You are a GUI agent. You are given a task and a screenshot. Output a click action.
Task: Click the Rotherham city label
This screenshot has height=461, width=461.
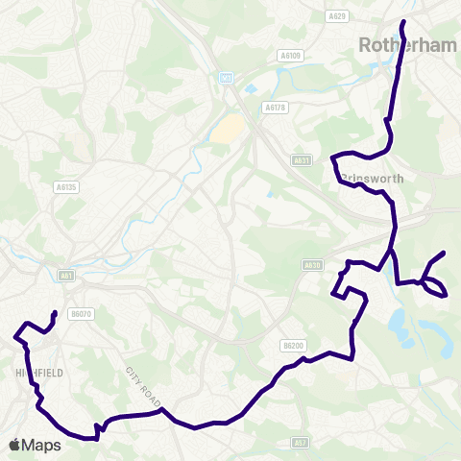pyautogui.click(x=400, y=44)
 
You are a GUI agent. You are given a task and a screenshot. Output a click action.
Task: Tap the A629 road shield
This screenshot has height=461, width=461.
pyautogui.click(x=337, y=16)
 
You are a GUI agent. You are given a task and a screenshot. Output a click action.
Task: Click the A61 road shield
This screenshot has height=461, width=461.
pyautogui.click(x=67, y=275)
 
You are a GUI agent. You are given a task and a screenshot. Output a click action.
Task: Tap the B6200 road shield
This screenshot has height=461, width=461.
pyautogui.click(x=293, y=345)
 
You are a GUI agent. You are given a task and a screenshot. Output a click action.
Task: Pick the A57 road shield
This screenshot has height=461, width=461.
pyautogui.click(x=301, y=443)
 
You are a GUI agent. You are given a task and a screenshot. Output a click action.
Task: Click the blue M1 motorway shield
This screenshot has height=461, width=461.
pyautogui.click(x=227, y=78)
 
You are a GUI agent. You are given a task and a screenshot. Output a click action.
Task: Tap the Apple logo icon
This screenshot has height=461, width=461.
pyautogui.click(x=14, y=445)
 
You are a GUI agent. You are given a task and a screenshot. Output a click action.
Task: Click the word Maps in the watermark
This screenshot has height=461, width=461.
pyautogui.click(x=43, y=445)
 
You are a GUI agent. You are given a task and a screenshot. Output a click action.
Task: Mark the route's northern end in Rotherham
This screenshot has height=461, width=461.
pyautogui.click(x=402, y=21)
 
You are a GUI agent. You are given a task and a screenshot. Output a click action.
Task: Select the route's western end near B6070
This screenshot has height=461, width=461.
pyautogui.click(x=54, y=313)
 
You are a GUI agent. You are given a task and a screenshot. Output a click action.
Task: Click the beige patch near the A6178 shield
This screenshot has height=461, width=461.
pyautogui.click(x=228, y=129)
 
